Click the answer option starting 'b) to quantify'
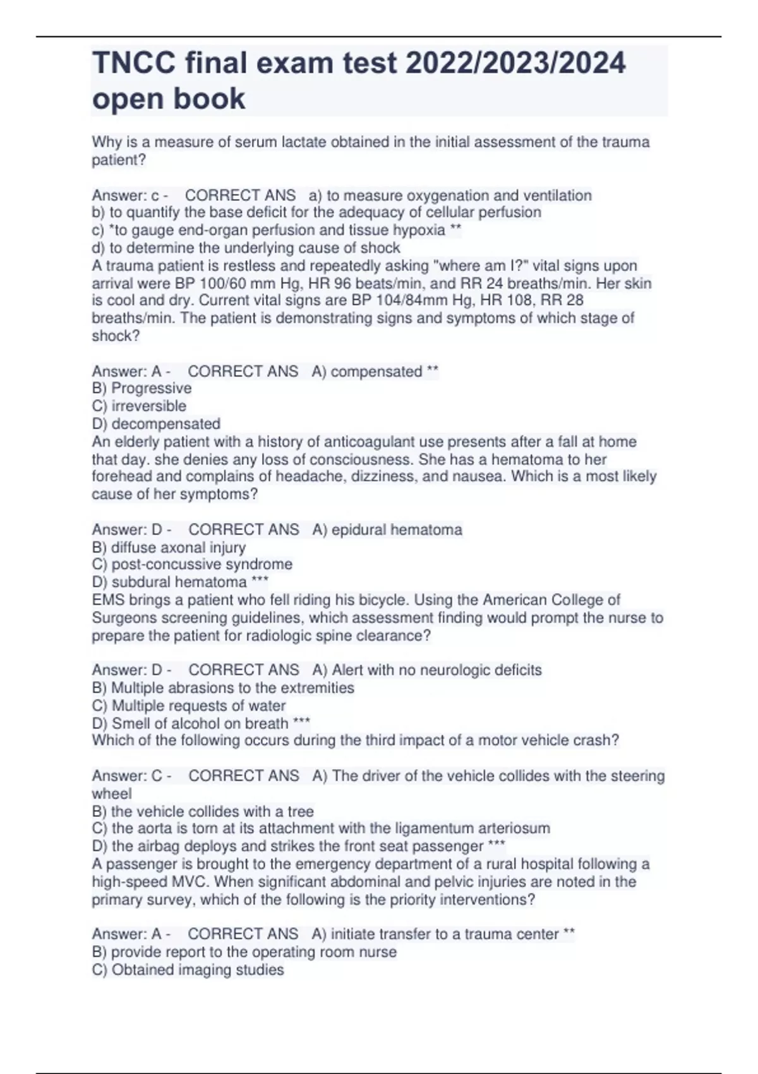316,212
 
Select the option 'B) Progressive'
141,389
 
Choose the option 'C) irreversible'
139,406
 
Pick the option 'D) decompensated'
156,424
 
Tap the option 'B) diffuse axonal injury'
169,547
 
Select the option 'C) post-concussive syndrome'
192,564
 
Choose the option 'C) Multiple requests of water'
189,706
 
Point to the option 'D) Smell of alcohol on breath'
190,723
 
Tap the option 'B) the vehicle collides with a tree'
203,811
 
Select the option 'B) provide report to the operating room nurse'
244,952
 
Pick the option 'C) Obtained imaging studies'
188,970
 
